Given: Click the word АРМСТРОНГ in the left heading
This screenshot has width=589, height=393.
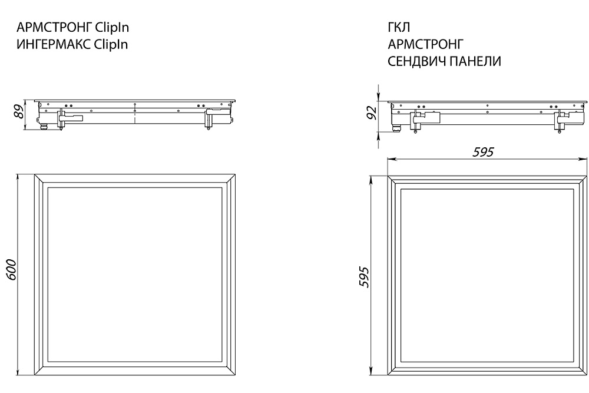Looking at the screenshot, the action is click(x=54, y=28).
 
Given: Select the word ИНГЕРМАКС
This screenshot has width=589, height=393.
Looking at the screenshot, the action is click(x=54, y=44).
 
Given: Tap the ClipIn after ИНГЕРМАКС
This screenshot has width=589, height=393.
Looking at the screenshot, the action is click(x=111, y=44).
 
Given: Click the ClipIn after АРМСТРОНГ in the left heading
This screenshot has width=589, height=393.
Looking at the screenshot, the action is click(x=112, y=28).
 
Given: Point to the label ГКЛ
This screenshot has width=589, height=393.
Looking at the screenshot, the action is click(x=399, y=28).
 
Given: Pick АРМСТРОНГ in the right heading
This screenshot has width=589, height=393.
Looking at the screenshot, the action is click(x=426, y=44).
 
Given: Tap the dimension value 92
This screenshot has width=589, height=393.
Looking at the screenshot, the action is click(x=372, y=113).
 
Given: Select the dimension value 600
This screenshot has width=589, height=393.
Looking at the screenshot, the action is click(x=11, y=269).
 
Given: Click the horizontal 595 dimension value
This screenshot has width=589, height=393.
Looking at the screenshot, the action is click(x=483, y=152).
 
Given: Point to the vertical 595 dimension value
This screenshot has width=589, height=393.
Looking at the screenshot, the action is click(x=363, y=277).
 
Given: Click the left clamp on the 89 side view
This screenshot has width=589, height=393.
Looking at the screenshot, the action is click(x=69, y=118).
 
